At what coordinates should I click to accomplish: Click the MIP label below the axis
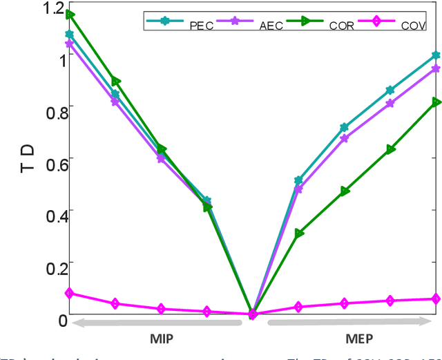point(162,339)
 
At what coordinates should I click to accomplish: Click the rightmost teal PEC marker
point(436,55)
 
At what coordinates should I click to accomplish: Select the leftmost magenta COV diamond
point(69,293)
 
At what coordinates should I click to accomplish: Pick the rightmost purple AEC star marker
point(436,68)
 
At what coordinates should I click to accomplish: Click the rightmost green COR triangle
point(436,102)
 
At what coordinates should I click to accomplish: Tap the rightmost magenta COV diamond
point(436,299)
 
